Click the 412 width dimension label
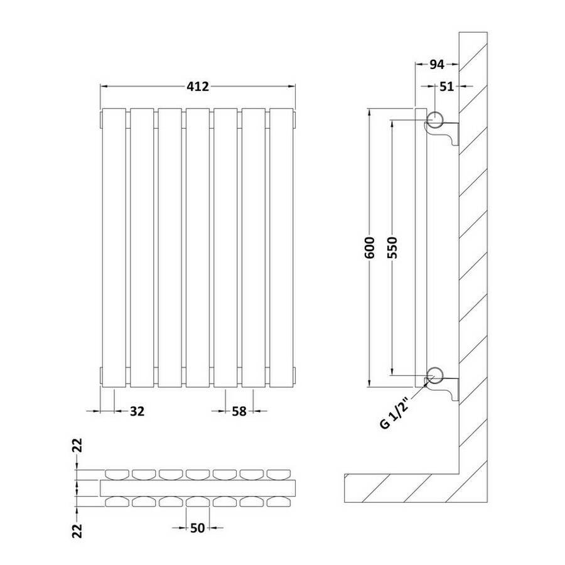[x=198, y=87]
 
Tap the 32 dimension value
[x=137, y=411]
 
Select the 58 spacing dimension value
[x=239, y=411]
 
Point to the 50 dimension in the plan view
[x=198, y=528]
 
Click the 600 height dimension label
[x=370, y=247]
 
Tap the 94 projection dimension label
[x=437, y=65]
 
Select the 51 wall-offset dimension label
[x=447, y=87]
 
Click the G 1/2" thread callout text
[x=395, y=412]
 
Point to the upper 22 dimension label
[x=78, y=445]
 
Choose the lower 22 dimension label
[x=78, y=530]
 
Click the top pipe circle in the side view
[x=435, y=119]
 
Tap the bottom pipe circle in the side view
[x=435, y=376]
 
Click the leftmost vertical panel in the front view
[x=114, y=247]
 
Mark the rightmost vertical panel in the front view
[x=281, y=247]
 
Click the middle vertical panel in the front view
[x=198, y=247]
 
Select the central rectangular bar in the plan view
[x=198, y=488]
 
